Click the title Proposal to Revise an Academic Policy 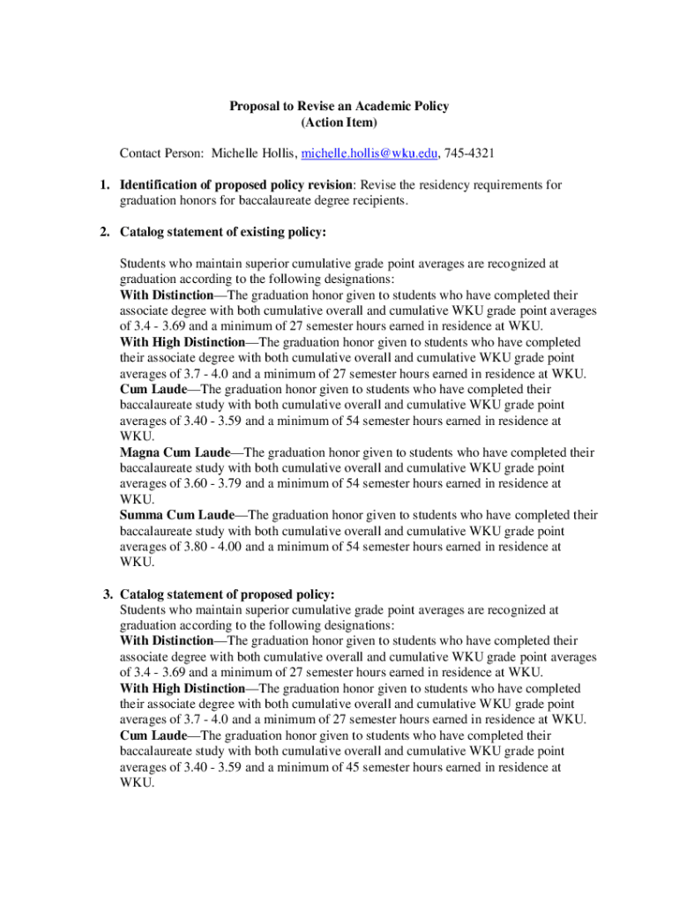(339, 106)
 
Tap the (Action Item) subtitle (339, 122)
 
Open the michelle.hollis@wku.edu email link (369, 153)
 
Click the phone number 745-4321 (469, 153)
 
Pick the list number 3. (108, 594)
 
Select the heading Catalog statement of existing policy (223, 233)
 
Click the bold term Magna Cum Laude (175, 452)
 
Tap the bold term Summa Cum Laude (177, 515)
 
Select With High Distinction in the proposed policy (183, 688)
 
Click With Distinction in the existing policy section (167, 295)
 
